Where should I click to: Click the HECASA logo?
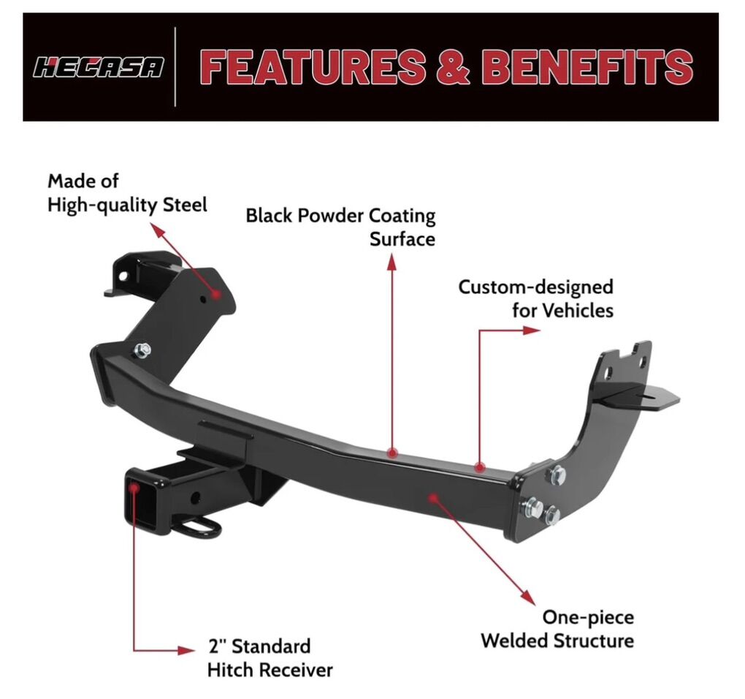(99, 68)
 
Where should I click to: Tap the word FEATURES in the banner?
(313, 67)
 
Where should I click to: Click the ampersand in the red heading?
(454, 67)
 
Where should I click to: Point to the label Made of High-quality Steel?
(127, 192)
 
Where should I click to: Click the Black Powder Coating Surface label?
(340, 227)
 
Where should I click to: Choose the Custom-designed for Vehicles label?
(535, 298)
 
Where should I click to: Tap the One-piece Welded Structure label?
(557, 629)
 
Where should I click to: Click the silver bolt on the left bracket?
(142, 349)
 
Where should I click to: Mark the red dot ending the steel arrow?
(216, 293)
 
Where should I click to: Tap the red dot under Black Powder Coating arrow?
(392, 453)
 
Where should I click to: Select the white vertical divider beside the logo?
(175, 67)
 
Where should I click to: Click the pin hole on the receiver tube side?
(195, 498)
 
